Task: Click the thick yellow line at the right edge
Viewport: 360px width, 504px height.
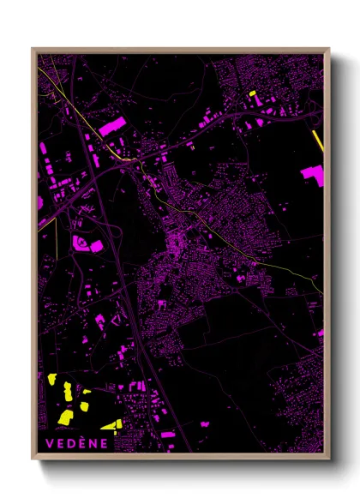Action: coord(318,141)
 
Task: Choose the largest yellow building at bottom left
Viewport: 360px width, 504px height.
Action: coord(65,417)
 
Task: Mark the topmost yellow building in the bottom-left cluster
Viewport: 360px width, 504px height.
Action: coord(52,379)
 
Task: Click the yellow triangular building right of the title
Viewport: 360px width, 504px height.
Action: coord(111,424)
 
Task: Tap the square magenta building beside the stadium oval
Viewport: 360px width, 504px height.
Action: coord(97,246)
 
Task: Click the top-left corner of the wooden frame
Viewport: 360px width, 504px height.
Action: coord(33,49)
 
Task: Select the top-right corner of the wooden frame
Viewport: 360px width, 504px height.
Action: coord(328,49)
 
